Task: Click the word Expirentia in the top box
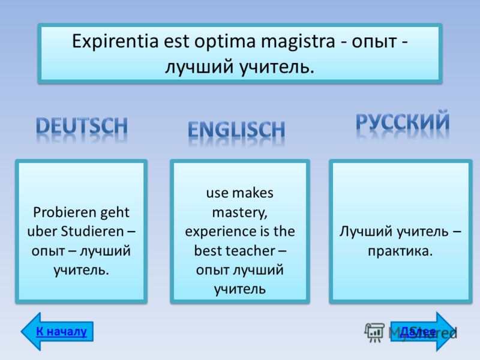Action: tap(115, 41)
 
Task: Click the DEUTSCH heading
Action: tap(82, 126)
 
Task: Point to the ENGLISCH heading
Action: tap(236, 129)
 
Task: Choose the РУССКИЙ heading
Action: tap(403, 122)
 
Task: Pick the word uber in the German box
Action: tap(42, 231)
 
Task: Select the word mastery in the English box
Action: tap(239, 212)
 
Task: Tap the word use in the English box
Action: tap(217, 193)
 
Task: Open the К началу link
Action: tap(62, 331)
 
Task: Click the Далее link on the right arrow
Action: tap(418, 332)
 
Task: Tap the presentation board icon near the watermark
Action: tap(374, 332)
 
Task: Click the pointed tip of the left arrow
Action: tap(21, 332)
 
